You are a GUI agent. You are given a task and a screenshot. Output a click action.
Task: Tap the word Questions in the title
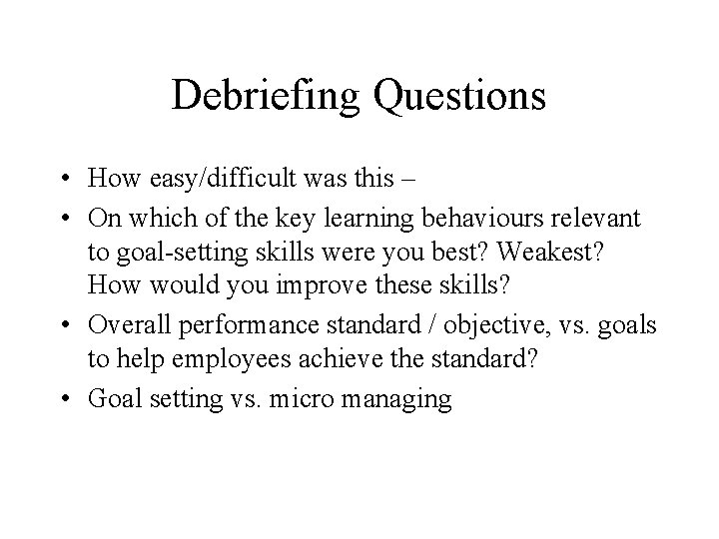(462, 97)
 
